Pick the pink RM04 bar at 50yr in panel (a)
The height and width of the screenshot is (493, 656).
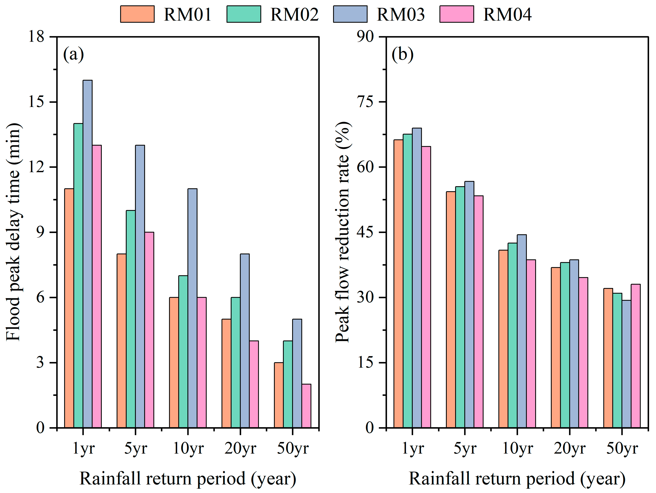(306, 406)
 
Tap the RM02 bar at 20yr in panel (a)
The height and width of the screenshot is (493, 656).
(236, 362)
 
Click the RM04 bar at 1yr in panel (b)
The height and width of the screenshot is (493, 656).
(426, 287)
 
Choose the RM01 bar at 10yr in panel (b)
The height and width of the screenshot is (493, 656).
(503, 339)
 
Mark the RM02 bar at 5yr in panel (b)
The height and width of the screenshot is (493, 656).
(460, 307)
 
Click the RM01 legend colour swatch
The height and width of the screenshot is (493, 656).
(137, 14)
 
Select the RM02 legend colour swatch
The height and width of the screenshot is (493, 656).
(244, 14)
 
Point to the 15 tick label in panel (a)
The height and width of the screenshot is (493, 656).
(36, 102)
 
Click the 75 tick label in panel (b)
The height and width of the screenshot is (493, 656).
(365, 102)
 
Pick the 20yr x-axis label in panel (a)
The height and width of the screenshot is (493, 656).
(240, 448)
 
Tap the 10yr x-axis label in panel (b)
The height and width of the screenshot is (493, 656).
(517, 448)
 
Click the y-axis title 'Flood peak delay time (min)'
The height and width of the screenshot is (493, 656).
(14, 232)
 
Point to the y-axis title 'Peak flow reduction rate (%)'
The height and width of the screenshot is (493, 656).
(343, 232)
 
